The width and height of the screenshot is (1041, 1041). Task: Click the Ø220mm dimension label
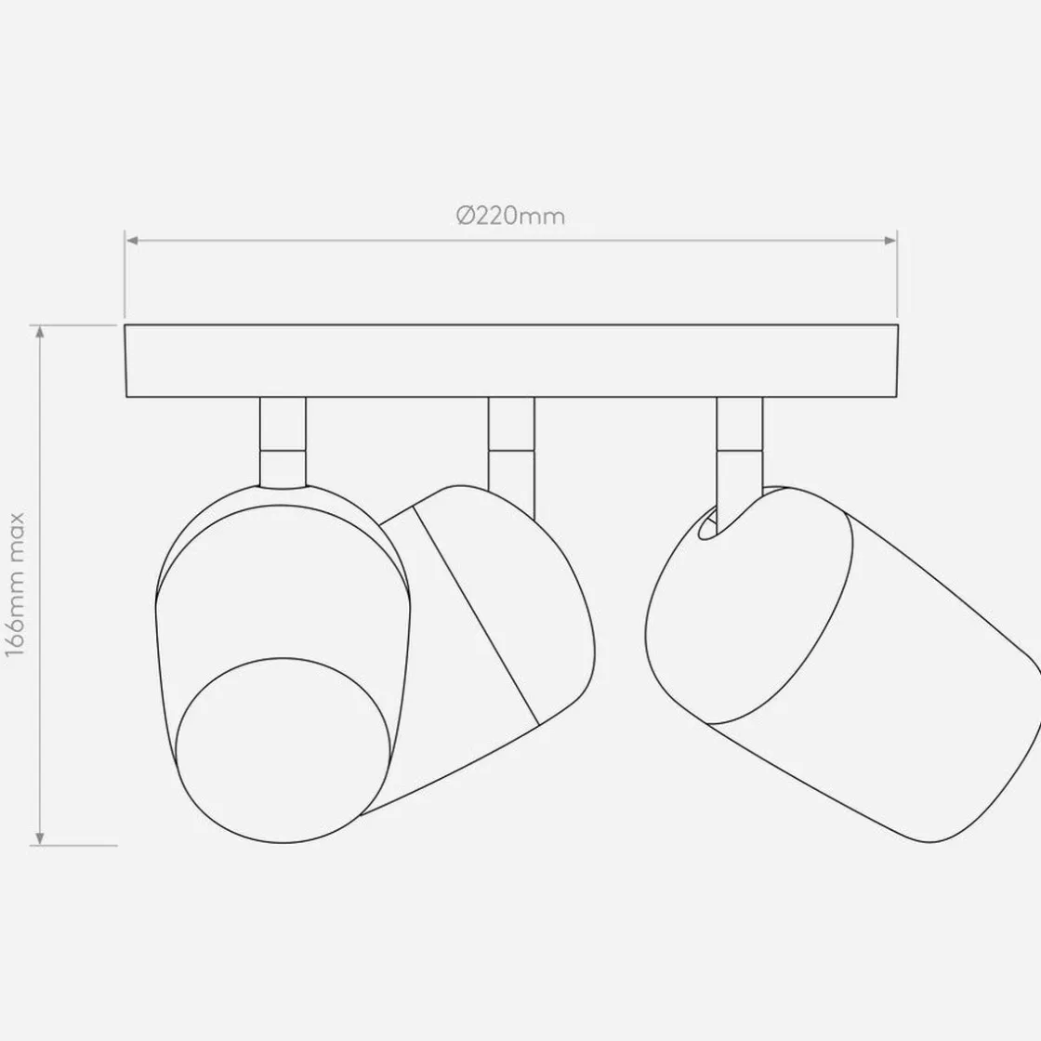(x=510, y=217)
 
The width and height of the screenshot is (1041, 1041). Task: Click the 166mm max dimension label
(x=15, y=585)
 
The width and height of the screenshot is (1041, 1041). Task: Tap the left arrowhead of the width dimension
(x=132, y=241)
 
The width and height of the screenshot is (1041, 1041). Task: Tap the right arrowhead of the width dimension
(x=890, y=241)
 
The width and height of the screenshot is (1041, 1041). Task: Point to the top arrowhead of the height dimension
(x=41, y=331)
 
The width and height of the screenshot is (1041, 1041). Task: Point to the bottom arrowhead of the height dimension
(x=41, y=839)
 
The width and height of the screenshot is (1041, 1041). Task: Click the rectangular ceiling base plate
(x=511, y=362)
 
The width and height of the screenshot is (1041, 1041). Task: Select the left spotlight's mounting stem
(x=283, y=442)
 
